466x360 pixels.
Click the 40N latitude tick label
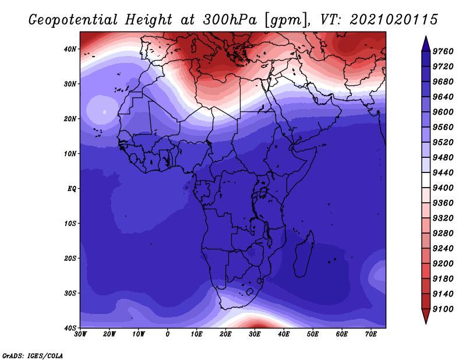tap(70, 49)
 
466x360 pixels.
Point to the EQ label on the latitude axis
tap(72, 189)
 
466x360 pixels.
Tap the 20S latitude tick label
tap(70, 258)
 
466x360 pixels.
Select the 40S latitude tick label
tap(70, 327)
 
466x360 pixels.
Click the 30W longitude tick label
tap(80, 334)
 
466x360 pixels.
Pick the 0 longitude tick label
tap(168, 334)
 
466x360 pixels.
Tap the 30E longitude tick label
tap(255, 334)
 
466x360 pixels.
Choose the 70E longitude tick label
tap(371, 334)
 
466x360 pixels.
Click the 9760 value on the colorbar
tap(443, 51)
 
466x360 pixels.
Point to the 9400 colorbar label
tap(443, 188)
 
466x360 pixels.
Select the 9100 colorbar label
tap(443, 309)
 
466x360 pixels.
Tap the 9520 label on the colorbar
tap(443, 142)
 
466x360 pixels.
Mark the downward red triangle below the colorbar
tap(426, 315)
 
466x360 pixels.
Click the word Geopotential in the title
tap(73, 20)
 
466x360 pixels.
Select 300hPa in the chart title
tap(230, 20)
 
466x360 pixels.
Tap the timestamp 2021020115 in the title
tap(394, 20)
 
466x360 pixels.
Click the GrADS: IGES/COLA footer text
tap(33, 355)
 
